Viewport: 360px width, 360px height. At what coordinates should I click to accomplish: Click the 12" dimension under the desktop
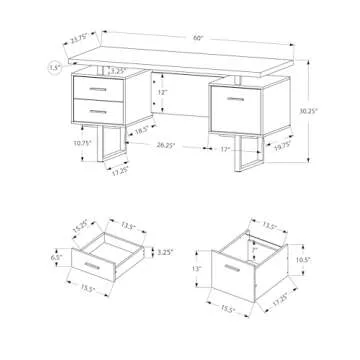pos(162,91)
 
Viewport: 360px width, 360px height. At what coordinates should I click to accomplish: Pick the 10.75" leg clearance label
pos(57,143)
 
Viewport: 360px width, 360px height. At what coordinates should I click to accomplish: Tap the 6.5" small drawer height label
pos(57,258)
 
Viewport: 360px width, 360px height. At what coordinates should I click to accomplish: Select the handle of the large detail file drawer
pos(239,271)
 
